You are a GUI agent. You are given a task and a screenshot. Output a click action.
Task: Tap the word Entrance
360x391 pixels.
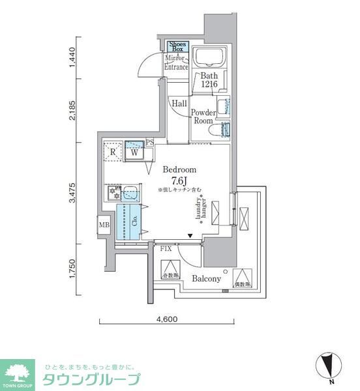(x=176, y=67)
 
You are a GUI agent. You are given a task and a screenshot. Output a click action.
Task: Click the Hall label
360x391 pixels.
(x=179, y=103)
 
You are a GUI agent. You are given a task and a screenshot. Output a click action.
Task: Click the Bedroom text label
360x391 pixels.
(x=179, y=169)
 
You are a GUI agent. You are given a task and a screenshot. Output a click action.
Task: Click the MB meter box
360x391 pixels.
(x=104, y=225)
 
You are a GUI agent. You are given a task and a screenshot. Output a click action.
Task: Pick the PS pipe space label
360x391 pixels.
(x=150, y=143)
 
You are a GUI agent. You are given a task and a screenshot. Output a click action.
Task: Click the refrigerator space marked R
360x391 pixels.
(x=113, y=152)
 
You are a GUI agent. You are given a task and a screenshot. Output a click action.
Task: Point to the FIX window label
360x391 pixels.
(x=166, y=248)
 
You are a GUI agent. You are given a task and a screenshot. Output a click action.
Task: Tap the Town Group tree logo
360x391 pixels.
(x=17, y=372)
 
